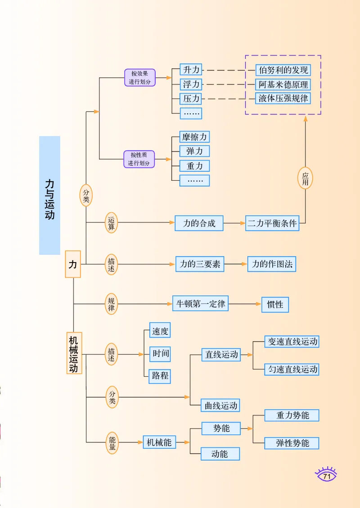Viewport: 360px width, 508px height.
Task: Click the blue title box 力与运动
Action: click(x=49, y=196)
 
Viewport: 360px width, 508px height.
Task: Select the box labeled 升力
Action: click(x=191, y=70)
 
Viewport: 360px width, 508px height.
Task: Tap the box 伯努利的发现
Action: click(x=283, y=70)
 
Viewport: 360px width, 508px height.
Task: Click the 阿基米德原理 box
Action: click(x=283, y=85)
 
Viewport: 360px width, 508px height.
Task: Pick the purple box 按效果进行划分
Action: click(x=140, y=78)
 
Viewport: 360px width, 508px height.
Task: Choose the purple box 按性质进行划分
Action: click(x=139, y=159)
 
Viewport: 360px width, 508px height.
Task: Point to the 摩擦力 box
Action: click(x=194, y=137)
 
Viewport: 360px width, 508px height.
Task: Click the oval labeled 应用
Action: click(x=305, y=178)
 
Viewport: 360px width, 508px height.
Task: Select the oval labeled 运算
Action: click(x=111, y=223)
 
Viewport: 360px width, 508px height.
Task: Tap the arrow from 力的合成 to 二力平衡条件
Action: click(x=234, y=223)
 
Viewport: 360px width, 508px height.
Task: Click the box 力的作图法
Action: click(x=272, y=264)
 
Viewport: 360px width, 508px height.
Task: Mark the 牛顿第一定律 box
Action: click(x=200, y=304)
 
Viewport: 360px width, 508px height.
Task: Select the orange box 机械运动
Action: click(x=74, y=353)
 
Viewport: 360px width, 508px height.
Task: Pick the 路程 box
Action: click(x=160, y=376)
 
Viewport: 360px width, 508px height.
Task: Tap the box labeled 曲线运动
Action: click(x=220, y=406)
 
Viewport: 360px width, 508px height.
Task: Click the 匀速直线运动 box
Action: click(x=292, y=370)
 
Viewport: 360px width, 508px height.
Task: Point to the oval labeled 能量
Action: click(x=112, y=442)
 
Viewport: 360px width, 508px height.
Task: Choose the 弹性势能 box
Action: click(x=292, y=443)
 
